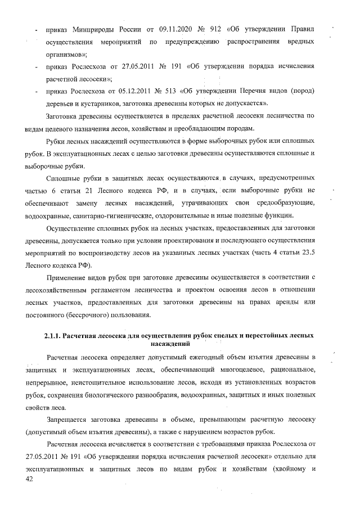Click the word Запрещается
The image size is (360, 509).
[x=67, y=420]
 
